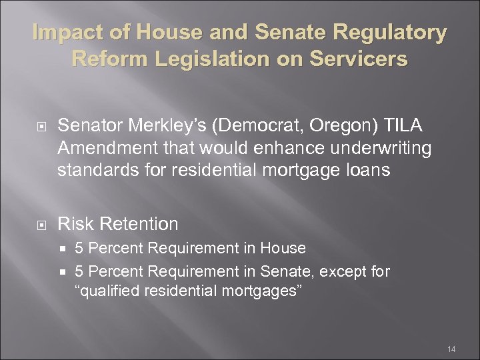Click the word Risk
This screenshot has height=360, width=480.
(75, 223)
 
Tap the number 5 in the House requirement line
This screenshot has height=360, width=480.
(79, 249)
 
